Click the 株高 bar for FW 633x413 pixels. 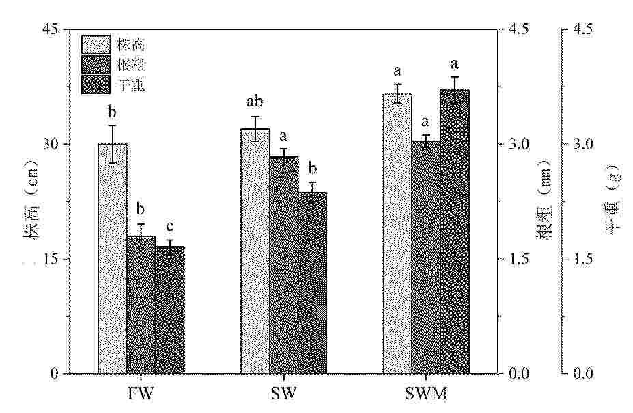[x=113, y=259]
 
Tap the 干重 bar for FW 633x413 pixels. [x=169, y=310]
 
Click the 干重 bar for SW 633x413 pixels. [x=312, y=283]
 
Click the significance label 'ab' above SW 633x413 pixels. [x=255, y=102]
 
